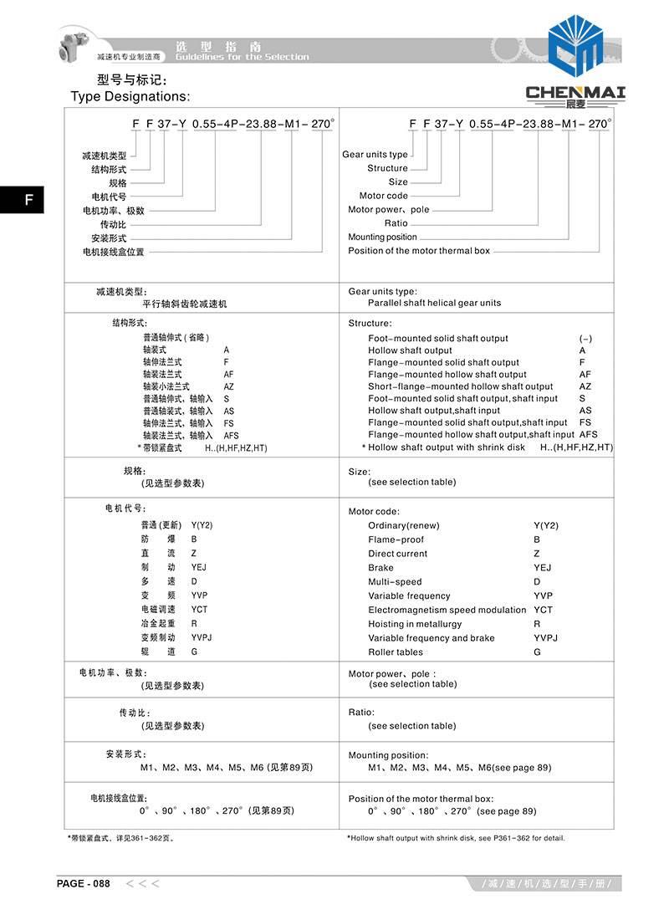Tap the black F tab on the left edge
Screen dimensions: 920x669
pos(28,200)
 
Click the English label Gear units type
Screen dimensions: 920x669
pos(375,155)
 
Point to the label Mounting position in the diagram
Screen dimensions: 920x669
pos(382,238)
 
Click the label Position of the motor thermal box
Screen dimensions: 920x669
pos(419,251)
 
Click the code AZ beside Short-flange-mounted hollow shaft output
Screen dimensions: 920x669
pos(585,386)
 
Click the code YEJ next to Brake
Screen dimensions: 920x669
pos(543,568)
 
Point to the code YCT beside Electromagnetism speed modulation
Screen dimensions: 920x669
pos(543,610)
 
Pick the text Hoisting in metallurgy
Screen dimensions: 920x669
pos(415,624)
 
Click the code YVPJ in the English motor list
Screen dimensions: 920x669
pos(545,638)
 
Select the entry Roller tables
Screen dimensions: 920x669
pos(396,652)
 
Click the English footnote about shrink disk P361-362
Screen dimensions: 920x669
pos(456,837)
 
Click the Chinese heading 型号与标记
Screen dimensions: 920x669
pos(132,80)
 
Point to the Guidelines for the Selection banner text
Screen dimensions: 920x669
pos(242,57)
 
